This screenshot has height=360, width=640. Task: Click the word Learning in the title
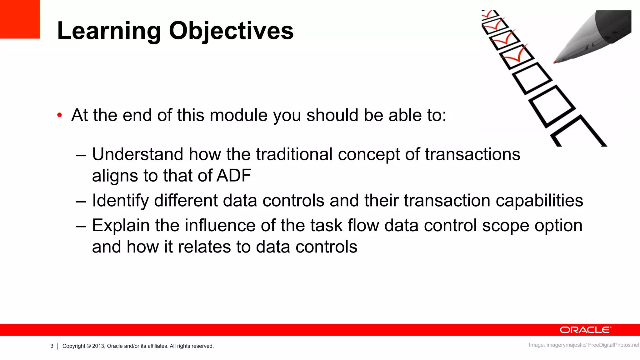[109, 31]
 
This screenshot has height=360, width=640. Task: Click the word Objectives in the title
[231, 31]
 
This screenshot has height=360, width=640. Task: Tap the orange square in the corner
[20, 19]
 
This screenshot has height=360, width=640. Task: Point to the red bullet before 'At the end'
[60, 115]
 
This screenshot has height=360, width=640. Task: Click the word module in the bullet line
[238, 115]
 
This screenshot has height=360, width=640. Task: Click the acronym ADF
[234, 176]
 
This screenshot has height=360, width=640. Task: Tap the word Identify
[120, 201]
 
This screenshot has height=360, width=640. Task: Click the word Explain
[121, 226]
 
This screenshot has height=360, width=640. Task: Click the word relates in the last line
[204, 247]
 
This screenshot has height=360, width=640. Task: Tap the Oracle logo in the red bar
[585, 330]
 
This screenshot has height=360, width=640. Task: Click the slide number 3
[52, 346]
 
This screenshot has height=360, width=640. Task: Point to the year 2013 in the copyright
[98, 346]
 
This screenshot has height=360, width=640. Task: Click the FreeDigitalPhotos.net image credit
[613, 345]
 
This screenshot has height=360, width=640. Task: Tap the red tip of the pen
[555, 62]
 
